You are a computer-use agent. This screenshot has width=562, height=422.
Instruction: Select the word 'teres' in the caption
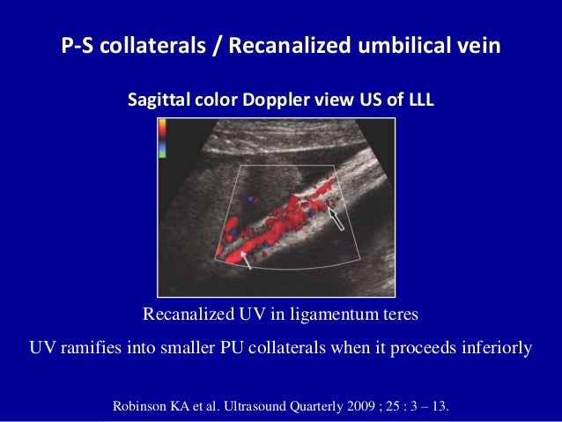tap(399, 315)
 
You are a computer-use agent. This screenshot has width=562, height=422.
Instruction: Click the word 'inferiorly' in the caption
tap(493, 346)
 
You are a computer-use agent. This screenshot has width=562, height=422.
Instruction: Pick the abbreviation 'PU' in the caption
tap(250, 346)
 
